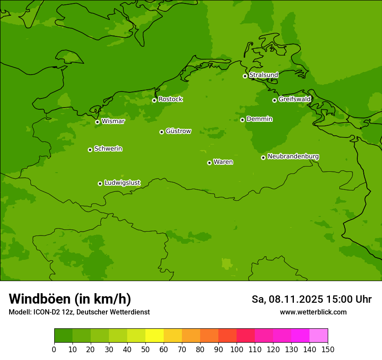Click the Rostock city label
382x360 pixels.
click(170, 99)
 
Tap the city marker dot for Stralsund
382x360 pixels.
click(245, 76)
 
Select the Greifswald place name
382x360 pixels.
click(294, 99)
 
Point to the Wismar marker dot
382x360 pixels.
click(97, 122)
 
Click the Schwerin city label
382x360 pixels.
click(108, 149)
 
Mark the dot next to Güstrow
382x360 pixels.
click(161, 132)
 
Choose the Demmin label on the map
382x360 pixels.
click(259, 119)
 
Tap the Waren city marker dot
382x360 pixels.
click(209, 163)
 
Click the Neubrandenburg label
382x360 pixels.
click(293, 157)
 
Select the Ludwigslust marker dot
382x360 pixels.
click(100, 183)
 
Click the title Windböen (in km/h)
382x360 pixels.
click(70, 299)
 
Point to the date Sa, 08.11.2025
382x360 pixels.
click(287, 299)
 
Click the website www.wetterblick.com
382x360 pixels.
click(313, 312)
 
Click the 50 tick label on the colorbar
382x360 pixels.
click(145, 349)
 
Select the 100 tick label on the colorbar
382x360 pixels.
click(237, 349)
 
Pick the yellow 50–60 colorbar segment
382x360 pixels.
click(155, 336)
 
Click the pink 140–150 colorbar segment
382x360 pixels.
click(319, 336)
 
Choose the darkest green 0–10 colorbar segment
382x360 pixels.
click(63, 336)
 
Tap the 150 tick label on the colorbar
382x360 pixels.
click(328, 349)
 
